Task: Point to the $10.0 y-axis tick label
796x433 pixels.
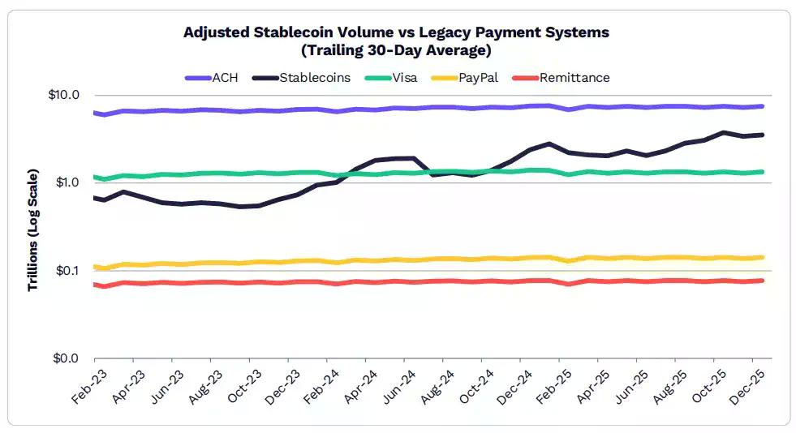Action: [65, 95]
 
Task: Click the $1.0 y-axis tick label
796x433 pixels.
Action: [68, 182]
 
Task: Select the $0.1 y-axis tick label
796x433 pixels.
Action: [68, 270]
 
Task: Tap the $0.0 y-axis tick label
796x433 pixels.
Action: [68, 358]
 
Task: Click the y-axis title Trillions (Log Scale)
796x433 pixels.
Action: [33, 229]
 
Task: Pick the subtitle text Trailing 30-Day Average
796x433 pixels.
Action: [396, 50]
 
